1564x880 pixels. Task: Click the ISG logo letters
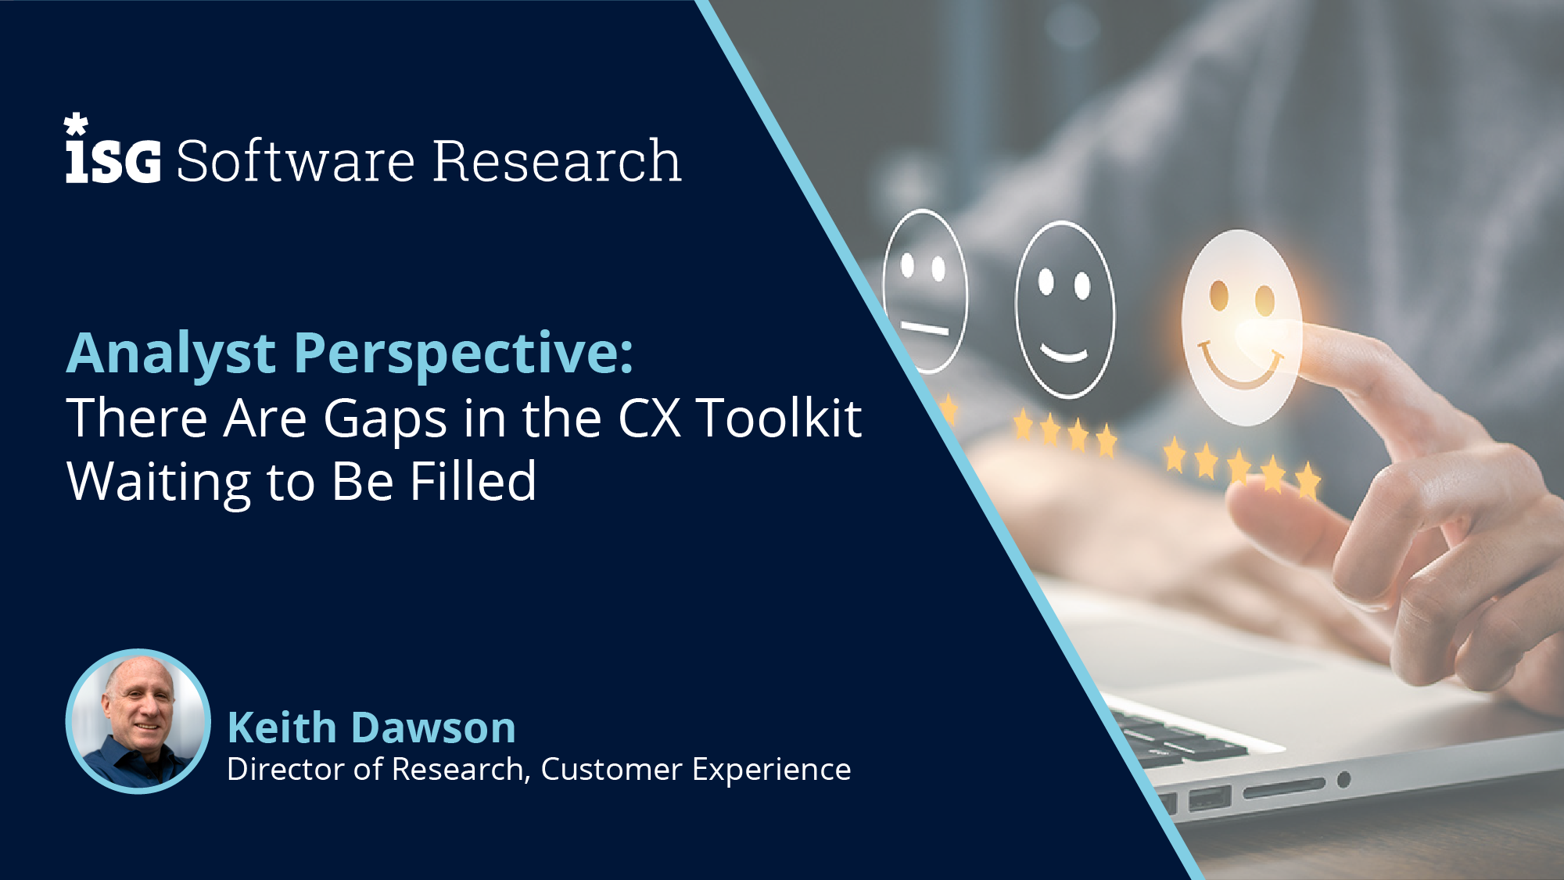click(113, 160)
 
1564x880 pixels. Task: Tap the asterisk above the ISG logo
click(76, 124)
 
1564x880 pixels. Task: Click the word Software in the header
click(296, 161)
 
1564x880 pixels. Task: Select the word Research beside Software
click(557, 161)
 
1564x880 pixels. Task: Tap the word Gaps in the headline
click(385, 420)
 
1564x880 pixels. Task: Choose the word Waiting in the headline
click(159, 483)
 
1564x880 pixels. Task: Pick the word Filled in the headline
click(473, 481)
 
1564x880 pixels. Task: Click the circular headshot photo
click(138, 721)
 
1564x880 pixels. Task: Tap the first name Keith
click(282, 727)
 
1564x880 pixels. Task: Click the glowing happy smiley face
click(1240, 328)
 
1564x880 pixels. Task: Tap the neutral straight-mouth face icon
click(925, 290)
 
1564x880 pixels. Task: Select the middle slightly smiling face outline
click(1065, 310)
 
